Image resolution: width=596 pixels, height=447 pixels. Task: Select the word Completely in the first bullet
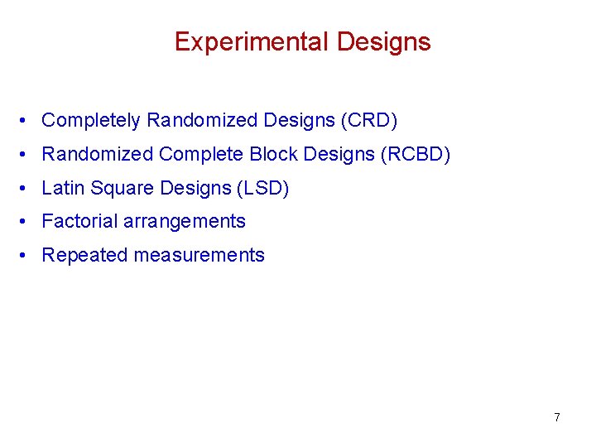click(x=91, y=121)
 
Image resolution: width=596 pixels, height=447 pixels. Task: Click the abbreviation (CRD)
click(x=368, y=121)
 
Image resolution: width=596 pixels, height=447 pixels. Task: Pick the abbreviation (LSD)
click(x=263, y=189)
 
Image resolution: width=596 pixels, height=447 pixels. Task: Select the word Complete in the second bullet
click(x=201, y=155)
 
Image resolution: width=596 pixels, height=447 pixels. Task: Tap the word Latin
click(x=63, y=189)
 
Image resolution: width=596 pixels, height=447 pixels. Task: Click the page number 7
click(x=556, y=417)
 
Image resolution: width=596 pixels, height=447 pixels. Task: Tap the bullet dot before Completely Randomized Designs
click(x=27, y=122)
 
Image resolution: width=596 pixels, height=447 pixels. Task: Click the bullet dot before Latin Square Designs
click(x=27, y=190)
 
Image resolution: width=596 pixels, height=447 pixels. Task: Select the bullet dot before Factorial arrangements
click(x=27, y=223)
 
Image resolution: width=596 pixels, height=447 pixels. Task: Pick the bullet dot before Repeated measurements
click(x=27, y=257)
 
